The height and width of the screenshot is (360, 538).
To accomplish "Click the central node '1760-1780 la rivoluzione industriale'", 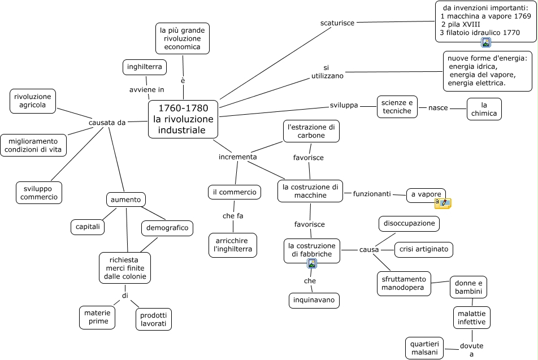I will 183,119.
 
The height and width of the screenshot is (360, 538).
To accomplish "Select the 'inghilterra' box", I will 145,67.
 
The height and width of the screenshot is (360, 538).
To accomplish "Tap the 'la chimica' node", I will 484,109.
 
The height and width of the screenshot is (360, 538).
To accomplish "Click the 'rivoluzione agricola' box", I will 33,101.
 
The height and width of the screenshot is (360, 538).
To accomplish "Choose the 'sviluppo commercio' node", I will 39,192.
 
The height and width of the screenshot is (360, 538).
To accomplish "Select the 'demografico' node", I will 167,228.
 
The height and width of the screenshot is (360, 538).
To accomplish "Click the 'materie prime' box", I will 98,317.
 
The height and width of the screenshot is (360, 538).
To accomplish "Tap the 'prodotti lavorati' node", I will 153,319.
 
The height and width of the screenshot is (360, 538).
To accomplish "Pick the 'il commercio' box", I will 235,192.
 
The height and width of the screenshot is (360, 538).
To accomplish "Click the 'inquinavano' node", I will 314,300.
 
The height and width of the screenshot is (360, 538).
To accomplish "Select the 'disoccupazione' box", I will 409,223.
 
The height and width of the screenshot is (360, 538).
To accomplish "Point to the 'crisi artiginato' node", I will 423,249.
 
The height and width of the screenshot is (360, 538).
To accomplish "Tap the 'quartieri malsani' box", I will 424,348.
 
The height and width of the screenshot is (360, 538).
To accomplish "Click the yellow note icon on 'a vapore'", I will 442,203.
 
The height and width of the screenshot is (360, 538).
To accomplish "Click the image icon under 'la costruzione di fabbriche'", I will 312,263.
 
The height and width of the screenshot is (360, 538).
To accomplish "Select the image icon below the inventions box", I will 486,42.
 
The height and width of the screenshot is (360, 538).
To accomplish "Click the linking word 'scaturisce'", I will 337,23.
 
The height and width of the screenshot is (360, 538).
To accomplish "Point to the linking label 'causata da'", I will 107,122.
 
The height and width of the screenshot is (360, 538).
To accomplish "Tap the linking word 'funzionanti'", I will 372,194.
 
